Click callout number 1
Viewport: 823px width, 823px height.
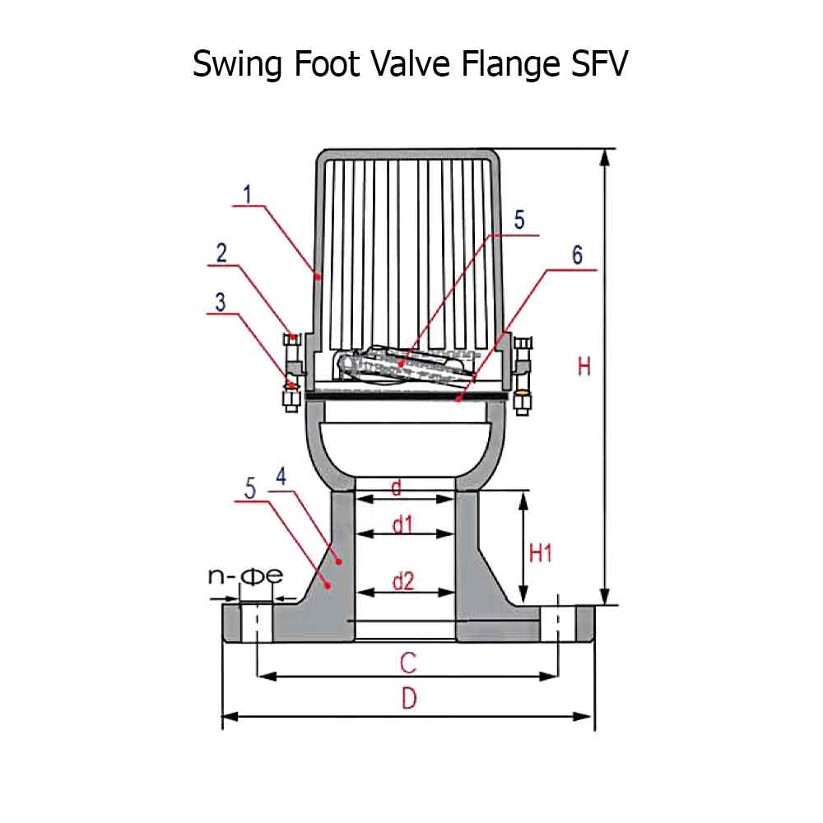[x=247, y=194]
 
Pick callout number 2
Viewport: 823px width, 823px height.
[x=221, y=253]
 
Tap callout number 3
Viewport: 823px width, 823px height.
[x=220, y=301]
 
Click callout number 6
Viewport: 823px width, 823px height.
[x=577, y=255]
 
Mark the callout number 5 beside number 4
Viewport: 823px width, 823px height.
[x=250, y=487]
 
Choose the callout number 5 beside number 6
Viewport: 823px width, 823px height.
[x=518, y=220]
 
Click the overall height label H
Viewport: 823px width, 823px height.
[x=584, y=366]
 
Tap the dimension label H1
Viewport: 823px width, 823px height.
[x=540, y=554]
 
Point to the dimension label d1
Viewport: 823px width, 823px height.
[x=402, y=524]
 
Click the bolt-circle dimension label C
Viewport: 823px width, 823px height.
[x=407, y=662]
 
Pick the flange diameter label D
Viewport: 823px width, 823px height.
[x=409, y=700]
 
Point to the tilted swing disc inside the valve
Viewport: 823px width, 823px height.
[x=403, y=365]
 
